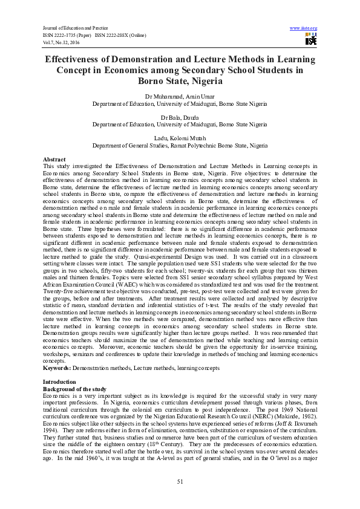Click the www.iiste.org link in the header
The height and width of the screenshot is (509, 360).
(304, 28)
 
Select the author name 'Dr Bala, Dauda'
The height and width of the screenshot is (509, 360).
(179, 117)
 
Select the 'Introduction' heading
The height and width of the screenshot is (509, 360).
(59, 382)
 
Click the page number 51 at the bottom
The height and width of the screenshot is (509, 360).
(180, 481)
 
